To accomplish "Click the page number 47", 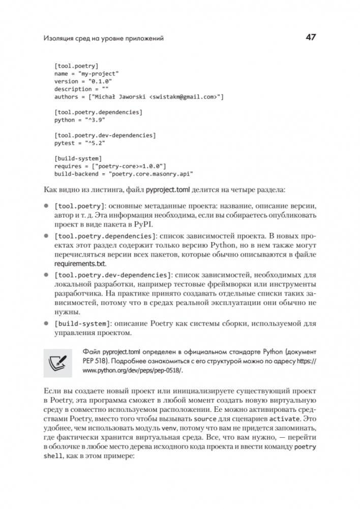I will tap(310, 38).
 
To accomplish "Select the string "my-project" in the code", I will tap(97, 74).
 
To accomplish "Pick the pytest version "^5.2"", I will tap(91, 144).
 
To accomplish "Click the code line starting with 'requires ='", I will tap(110, 166).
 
